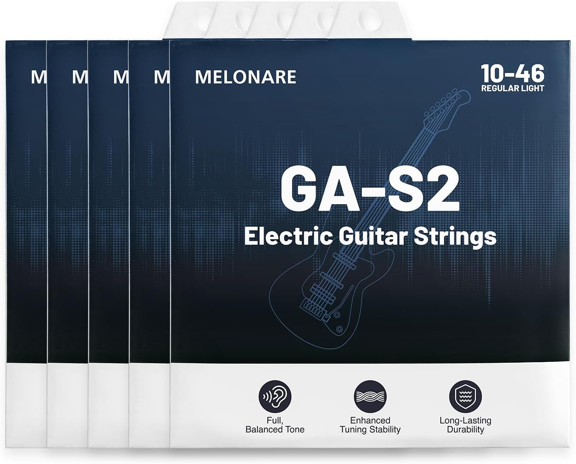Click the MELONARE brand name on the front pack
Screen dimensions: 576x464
pyautogui.click(x=246, y=77)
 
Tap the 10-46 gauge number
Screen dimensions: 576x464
pyautogui.click(x=513, y=74)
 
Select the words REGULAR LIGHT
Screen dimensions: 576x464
pyautogui.click(x=513, y=88)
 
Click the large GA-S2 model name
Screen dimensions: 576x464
pyautogui.click(x=370, y=190)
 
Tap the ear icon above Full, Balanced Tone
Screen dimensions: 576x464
pyautogui.click(x=275, y=397)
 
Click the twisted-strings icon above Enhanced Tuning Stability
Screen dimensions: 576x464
pyautogui.click(x=370, y=397)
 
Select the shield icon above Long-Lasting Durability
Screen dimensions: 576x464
pyautogui.click(x=465, y=397)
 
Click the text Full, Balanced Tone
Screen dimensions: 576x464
pyautogui.click(x=275, y=425)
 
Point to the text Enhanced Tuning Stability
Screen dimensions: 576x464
pyautogui.click(x=370, y=425)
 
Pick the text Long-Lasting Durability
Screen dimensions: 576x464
pyautogui.click(x=465, y=425)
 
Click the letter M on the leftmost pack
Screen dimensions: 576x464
pyautogui.click(x=39, y=77)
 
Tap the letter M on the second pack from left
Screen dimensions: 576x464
pyautogui.click(x=80, y=77)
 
